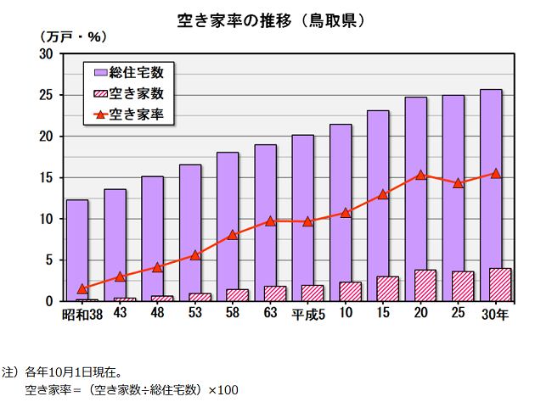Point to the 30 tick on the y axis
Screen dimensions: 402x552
pos(46,54)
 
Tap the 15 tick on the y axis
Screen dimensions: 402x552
pos(46,178)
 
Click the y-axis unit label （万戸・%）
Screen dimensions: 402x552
pos(72,36)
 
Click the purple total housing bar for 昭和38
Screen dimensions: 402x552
pos(77,246)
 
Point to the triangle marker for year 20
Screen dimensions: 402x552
pos(420,176)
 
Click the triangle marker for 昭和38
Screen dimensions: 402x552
pos(82,288)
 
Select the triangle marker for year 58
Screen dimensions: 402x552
pos(233,235)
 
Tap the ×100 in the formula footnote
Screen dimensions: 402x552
pos(222,389)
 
